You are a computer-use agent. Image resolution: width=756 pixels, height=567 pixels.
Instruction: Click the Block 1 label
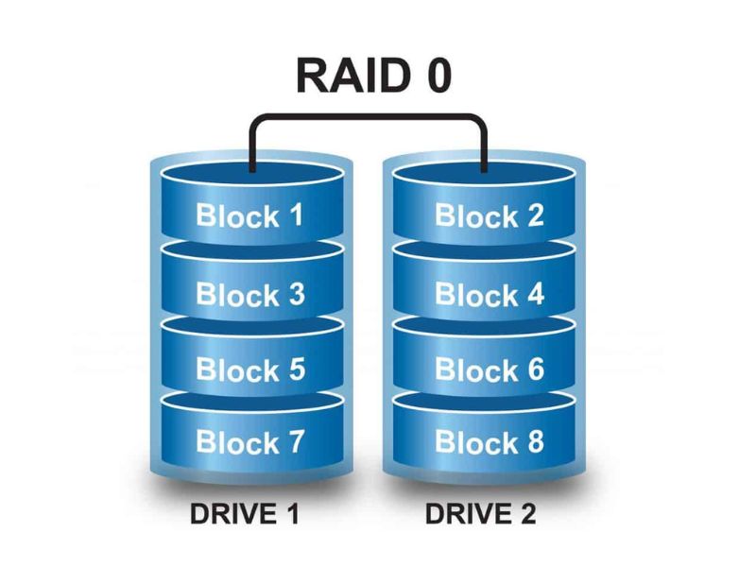point(250,215)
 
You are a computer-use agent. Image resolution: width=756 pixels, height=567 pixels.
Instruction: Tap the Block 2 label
point(489,215)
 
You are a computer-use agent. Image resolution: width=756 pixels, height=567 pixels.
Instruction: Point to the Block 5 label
point(250,369)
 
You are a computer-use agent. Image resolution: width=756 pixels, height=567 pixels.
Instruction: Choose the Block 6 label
point(489,369)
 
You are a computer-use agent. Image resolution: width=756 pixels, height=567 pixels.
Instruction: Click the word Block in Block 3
point(235,294)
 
